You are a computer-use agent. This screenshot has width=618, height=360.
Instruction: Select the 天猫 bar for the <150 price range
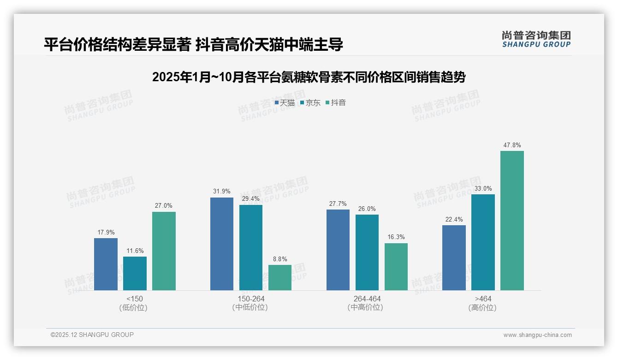[x=106, y=264]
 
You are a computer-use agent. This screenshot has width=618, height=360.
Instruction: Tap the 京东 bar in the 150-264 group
[x=251, y=247]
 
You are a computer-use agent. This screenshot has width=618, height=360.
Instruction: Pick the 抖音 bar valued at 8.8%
[x=280, y=277]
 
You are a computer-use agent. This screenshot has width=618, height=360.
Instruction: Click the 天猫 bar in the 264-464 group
[x=338, y=250]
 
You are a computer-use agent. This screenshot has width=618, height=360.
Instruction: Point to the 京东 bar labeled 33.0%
[x=483, y=242]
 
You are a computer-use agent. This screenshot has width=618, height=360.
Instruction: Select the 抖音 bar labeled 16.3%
[x=396, y=267]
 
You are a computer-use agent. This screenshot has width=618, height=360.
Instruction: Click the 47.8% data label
[x=512, y=145]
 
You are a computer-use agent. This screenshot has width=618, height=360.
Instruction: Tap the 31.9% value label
[x=222, y=192]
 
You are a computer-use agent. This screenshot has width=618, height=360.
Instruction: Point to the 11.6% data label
[x=135, y=251]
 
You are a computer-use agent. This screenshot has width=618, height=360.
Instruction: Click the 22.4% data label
[x=454, y=219]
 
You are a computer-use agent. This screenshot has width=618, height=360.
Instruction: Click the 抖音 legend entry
[x=336, y=103]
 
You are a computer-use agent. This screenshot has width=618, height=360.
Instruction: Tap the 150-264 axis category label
[x=251, y=299]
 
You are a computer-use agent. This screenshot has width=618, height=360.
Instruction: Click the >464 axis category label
[x=483, y=299]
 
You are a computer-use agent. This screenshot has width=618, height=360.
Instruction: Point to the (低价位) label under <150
[x=135, y=307]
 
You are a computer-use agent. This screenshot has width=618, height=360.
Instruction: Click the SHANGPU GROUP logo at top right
[x=536, y=39]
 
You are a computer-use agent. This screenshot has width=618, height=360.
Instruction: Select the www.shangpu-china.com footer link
[x=537, y=335]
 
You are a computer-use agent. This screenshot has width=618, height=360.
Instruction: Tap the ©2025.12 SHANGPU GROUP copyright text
[x=92, y=335]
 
